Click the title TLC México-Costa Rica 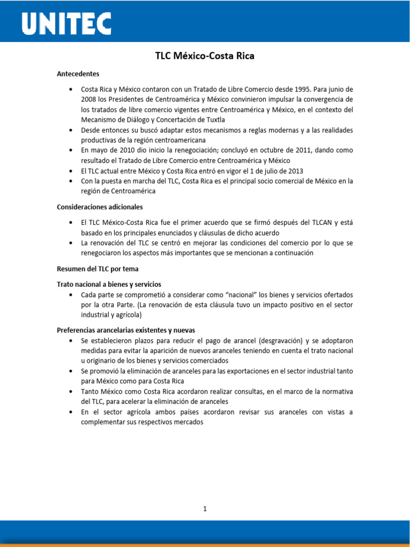[205, 56]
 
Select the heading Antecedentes [78, 74]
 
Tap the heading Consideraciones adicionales [100, 207]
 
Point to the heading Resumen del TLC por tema [98, 269]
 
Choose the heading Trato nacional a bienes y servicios [109, 284]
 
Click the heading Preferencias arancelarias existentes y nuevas [130, 330]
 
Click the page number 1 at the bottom [205, 509]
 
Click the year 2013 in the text [294, 171]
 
